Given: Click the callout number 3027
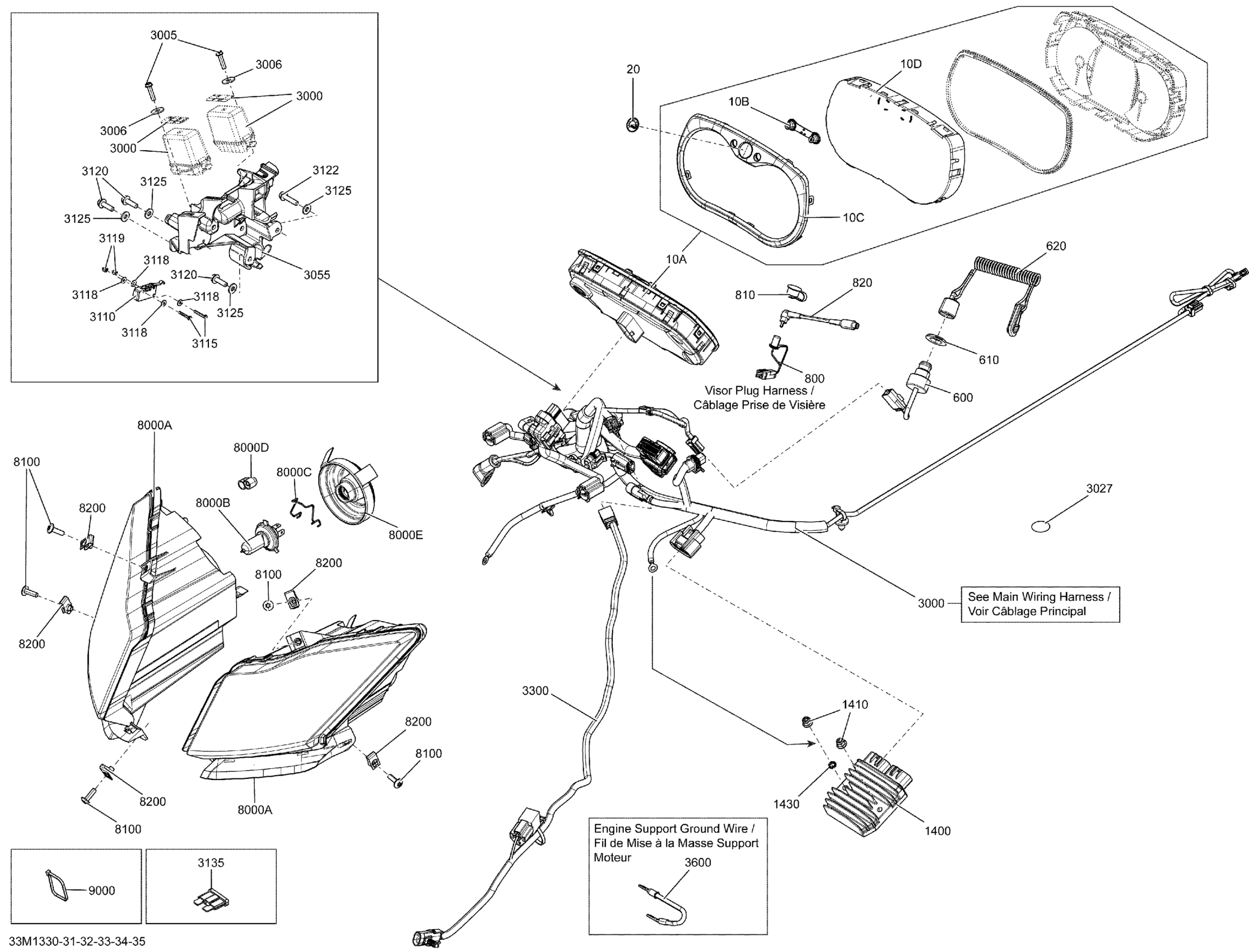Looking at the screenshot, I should coord(1099,488).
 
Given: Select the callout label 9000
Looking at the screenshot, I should coord(101,891).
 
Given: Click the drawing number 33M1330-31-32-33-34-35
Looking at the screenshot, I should coord(77,942).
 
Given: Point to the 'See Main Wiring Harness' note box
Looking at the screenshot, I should coord(1040,604).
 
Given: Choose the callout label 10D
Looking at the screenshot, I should coord(911,64).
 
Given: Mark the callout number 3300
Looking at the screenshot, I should coord(535,691).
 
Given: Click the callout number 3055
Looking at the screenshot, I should coord(316,275).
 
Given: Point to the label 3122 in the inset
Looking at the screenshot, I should coord(325,170).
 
